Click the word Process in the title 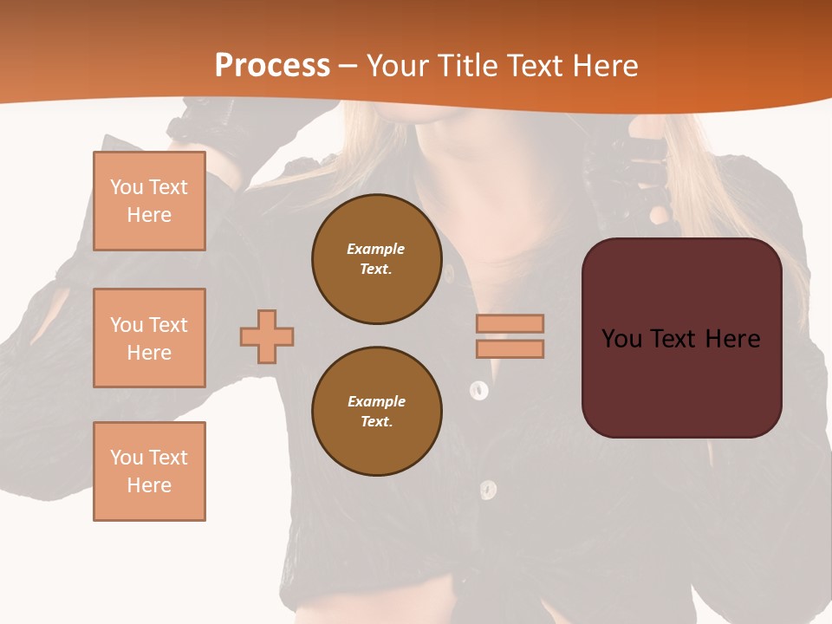pos(272,66)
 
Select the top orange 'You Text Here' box pos(149,201)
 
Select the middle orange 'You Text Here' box pos(149,338)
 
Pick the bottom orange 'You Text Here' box pos(149,471)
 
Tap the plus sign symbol pos(267,336)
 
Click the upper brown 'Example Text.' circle pos(377,259)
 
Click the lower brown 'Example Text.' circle pos(377,412)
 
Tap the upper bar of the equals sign pos(510,323)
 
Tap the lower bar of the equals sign pos(510,349)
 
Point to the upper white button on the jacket pos(478,390)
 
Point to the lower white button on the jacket pos(489,490)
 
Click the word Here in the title pos(605,66)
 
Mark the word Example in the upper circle pos(376,249)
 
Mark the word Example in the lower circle pos(376,401)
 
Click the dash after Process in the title pos(348,67)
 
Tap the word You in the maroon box pos(621,339)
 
